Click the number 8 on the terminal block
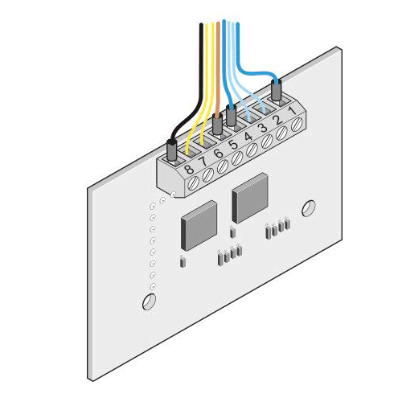(189, 170)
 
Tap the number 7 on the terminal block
(203, 162)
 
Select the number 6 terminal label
(219, 154)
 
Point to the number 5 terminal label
(233, 145)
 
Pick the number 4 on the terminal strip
(248, 137)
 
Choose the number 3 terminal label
(264, 128)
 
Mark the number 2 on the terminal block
(278, 120)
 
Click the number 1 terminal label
(293, 110)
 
